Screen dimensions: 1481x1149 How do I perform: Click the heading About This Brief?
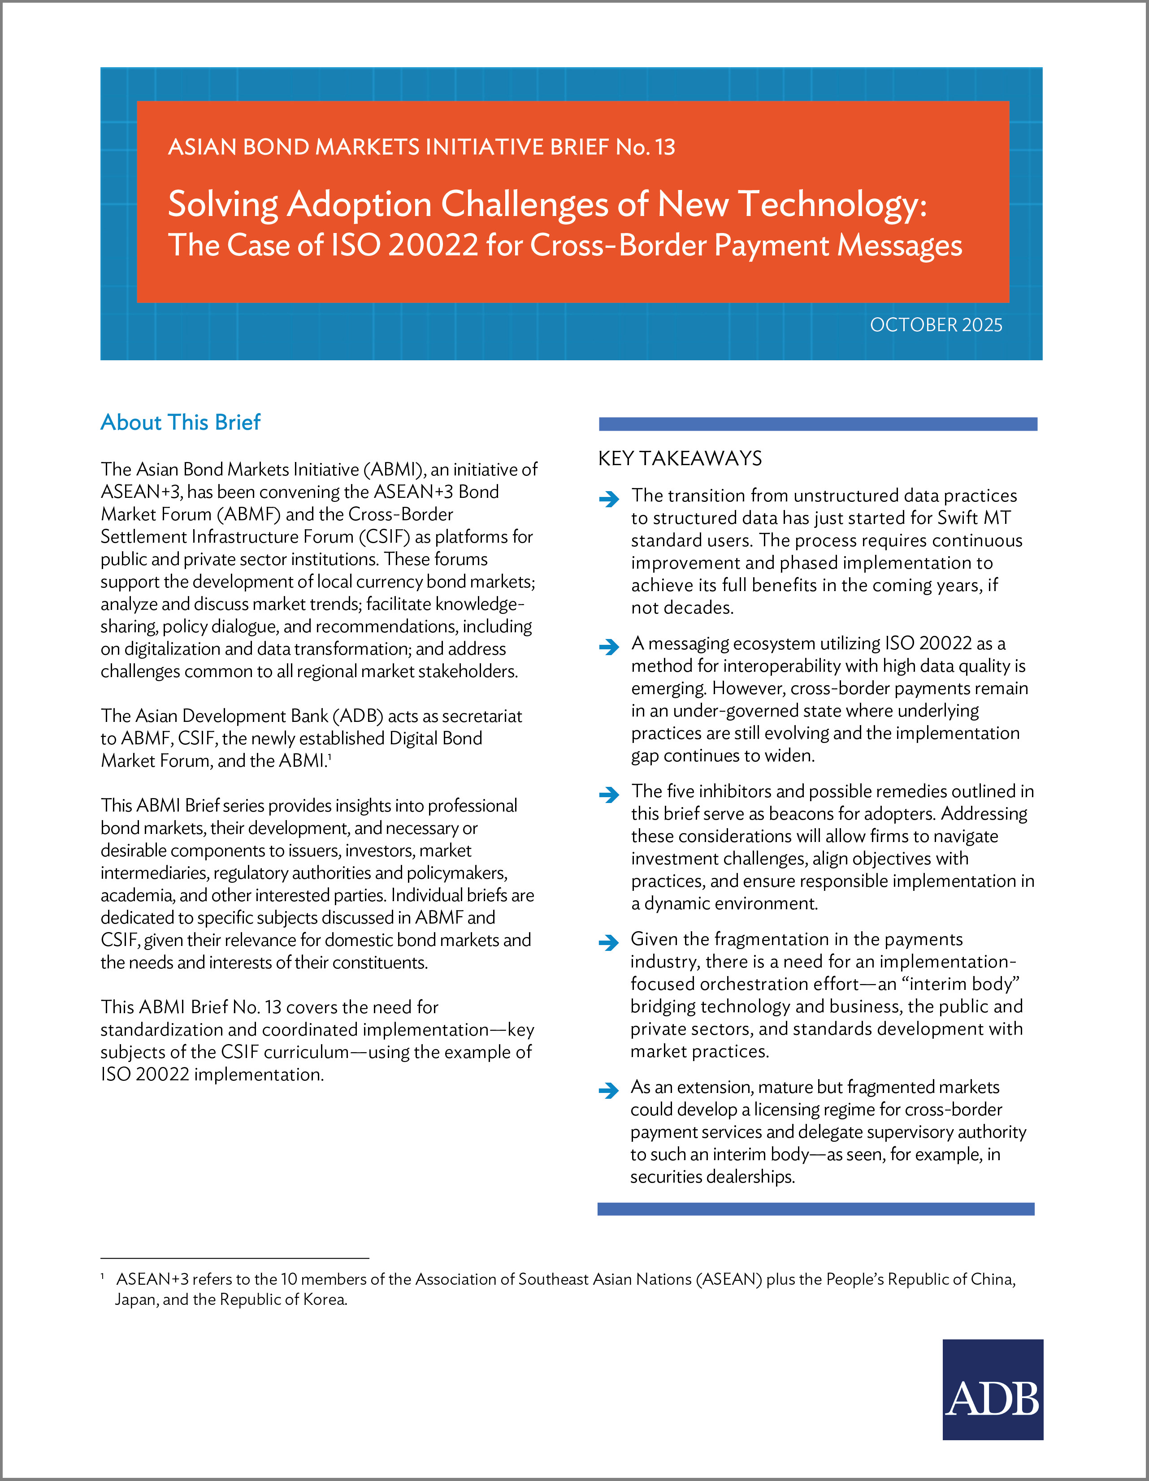click(x=180, y=423)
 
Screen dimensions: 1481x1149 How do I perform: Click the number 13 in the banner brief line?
click(x=665, y=147)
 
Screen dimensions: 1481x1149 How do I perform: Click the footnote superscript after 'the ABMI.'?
click(x=330, y=756)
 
